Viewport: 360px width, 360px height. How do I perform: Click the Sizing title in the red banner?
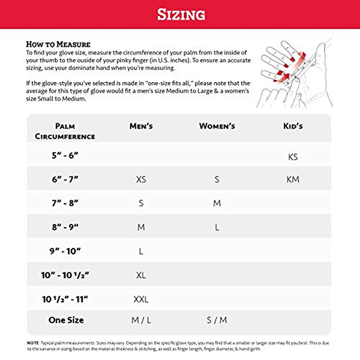181,14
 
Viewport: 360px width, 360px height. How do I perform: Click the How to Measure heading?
58,44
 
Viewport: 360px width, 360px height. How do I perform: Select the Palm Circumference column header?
65,131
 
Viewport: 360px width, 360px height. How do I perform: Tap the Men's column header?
141,126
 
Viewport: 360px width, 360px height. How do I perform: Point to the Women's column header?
217,126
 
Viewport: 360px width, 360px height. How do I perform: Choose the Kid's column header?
293,126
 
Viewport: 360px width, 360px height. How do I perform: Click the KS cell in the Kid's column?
293,157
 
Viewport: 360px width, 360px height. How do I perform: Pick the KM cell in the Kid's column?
293,179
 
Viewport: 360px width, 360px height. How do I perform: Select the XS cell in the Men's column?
141,179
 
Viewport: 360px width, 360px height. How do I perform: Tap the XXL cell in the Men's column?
141,299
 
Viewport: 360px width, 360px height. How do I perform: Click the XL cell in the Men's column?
141,275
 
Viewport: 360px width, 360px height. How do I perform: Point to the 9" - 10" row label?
65,251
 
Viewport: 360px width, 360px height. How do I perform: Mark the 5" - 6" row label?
65,155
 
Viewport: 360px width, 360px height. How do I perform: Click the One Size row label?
66,320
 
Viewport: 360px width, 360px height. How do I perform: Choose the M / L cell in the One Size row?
141,320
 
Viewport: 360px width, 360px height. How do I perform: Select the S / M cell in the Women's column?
217,320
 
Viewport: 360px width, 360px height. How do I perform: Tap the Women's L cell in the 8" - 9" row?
217,227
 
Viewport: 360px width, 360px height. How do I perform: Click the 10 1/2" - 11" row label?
65,299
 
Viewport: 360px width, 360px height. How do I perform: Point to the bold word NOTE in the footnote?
33,343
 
